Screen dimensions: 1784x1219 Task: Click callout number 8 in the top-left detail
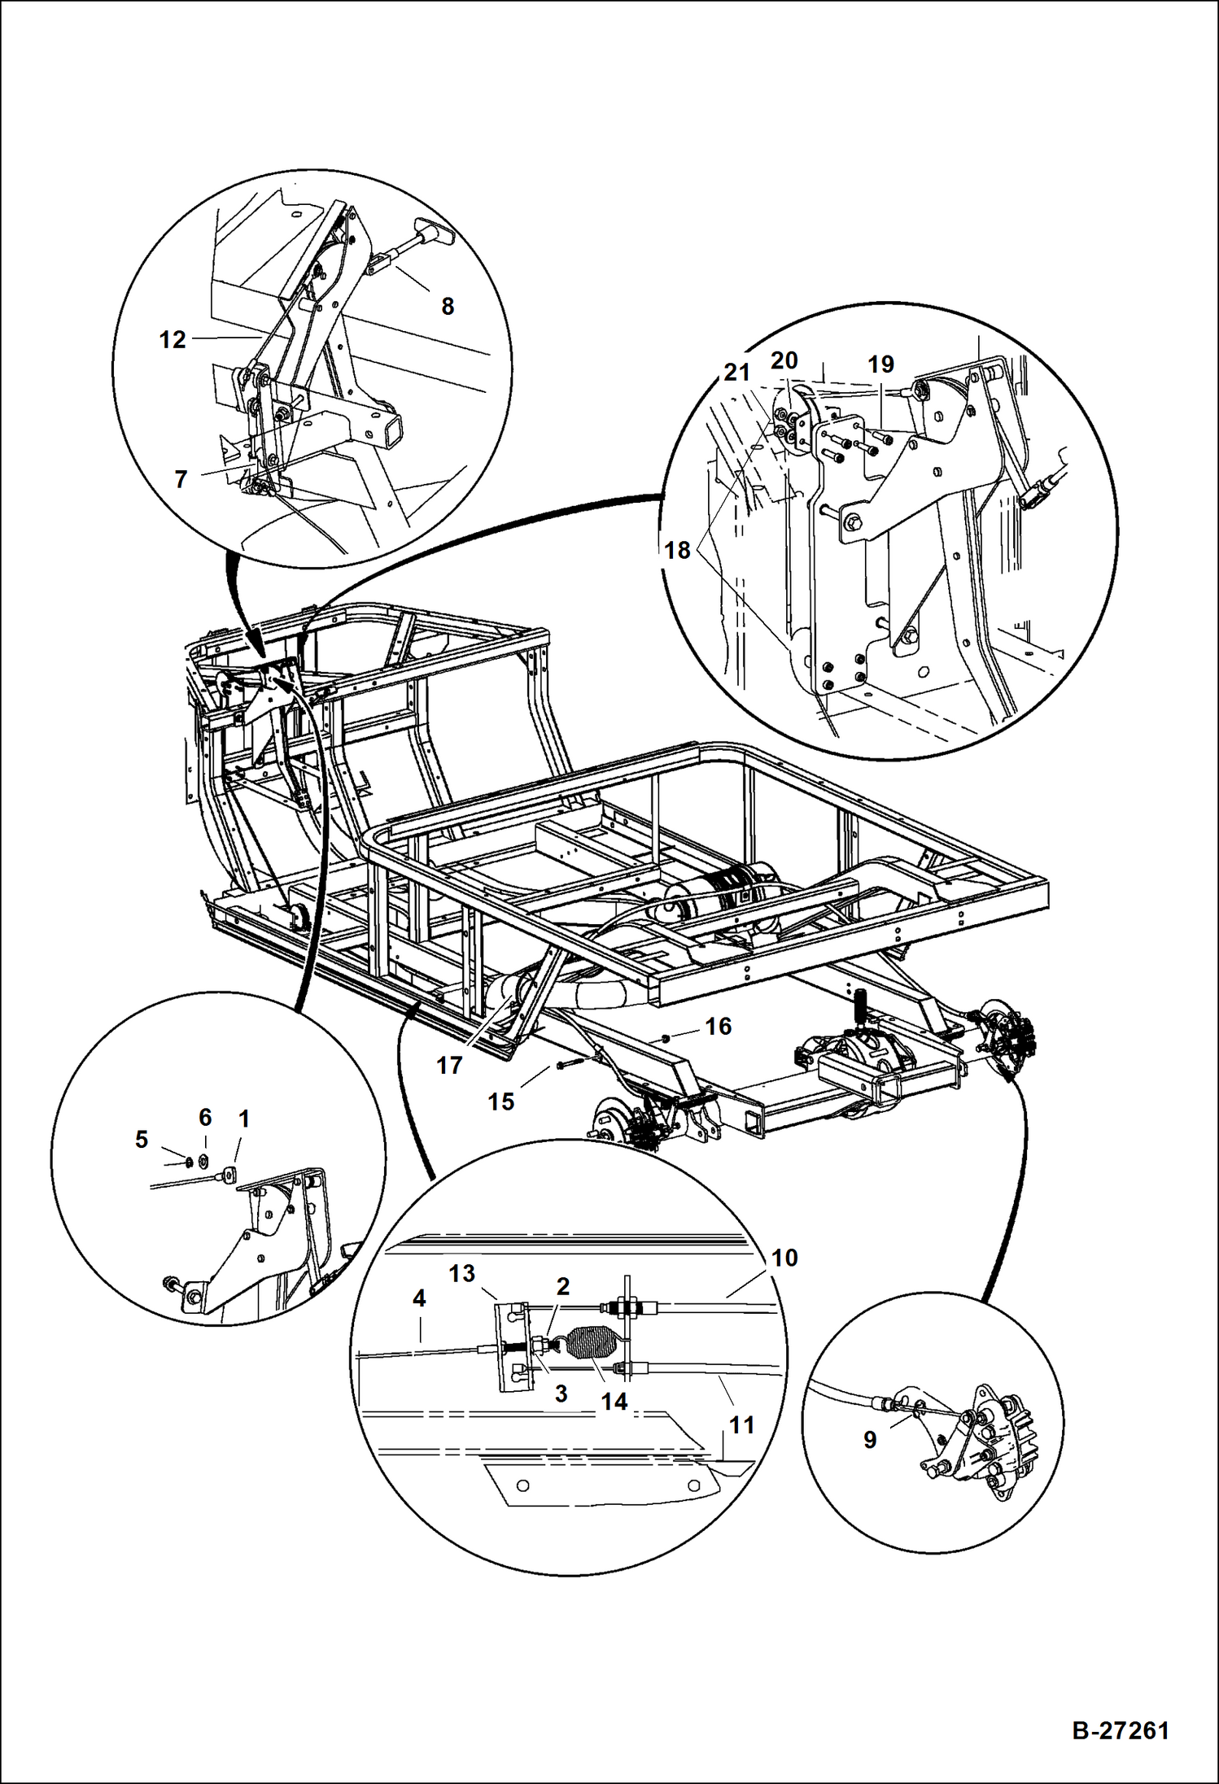point(447,307)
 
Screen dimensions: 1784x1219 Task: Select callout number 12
point(173,340)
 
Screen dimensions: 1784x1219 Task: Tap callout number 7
point(181,479)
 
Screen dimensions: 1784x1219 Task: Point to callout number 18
point(677,551)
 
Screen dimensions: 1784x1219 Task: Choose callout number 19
point(880,364)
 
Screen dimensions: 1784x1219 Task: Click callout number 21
point(736,373)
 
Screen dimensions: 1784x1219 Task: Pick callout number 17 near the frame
point(449,1065)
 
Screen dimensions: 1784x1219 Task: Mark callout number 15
point(501,1101)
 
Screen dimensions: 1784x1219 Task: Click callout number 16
point(718,1027)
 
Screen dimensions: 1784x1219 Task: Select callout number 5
point(142,1140)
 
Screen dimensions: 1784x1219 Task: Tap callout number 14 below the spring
point(614,1401)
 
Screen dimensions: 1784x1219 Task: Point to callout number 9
point(870,1440)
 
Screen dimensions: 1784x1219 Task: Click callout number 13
point(461,1273)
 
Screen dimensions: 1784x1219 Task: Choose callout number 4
point(418,1299)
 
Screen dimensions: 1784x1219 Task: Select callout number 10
point(784,1258)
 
